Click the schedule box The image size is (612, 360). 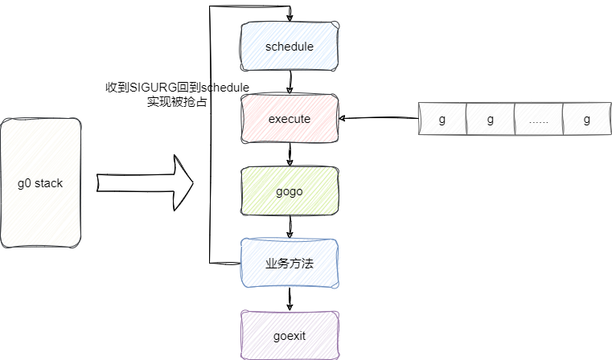[290, 47]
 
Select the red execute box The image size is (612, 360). [290, 119]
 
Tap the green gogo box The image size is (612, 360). [290, 191]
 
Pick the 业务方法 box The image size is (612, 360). [290, 264]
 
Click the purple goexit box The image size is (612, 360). [290, 335]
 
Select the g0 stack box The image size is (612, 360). [40, 183]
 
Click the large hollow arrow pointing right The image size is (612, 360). [146, 183]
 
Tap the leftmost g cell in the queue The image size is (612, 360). [442, 119]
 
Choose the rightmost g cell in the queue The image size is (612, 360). [587, 119]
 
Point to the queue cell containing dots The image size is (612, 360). [539, 119]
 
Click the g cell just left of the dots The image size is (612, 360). [491, 119]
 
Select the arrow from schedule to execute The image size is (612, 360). [290, 82]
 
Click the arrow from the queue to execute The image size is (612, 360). [378, 119]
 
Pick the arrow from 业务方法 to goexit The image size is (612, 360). [290, 300]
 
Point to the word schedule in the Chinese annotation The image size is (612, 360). [225, 87]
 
